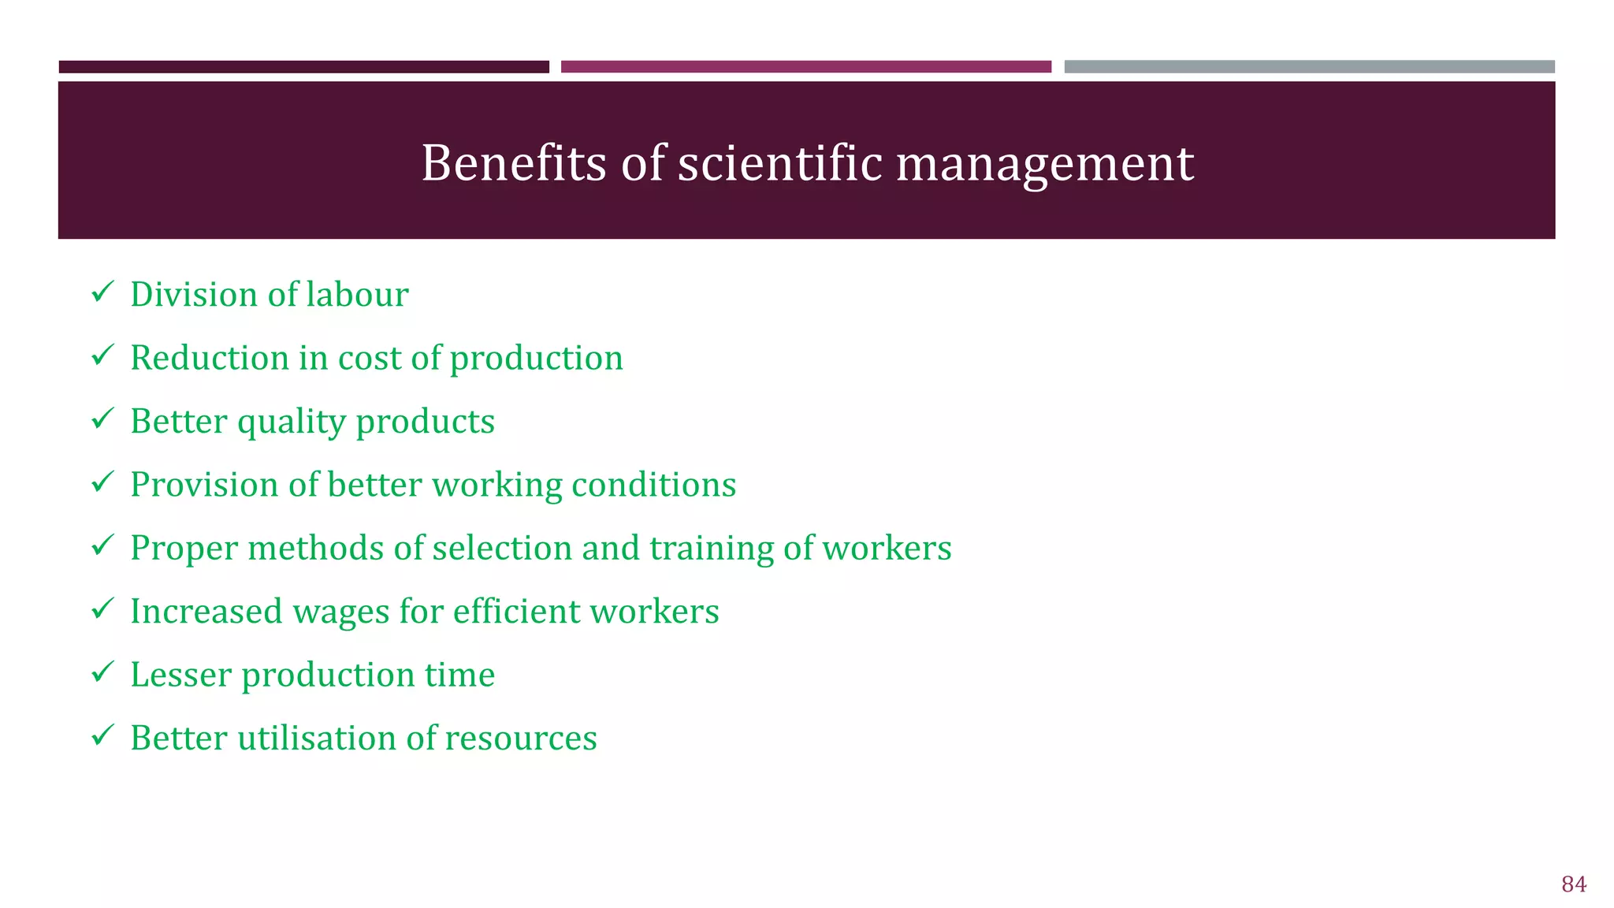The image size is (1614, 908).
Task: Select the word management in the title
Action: pyautogui.click(x=1045, y=165)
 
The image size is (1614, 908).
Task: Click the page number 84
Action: pyautogui.click(x=1573, y=884)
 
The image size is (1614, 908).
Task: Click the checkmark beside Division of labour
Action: pyautogui.click(x=102, y=292)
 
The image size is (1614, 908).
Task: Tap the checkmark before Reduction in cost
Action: pyautogui.click(x=102, y=355)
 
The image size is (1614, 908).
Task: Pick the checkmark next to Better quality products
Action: pyautogui.click(x=102, y=419)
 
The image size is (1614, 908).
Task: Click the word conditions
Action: pyautogui.click(x=653, y=485)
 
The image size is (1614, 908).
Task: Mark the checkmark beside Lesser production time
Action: pyautogui.click(x=102, y=672)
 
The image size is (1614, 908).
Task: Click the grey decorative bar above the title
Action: pyautogui.click(x=1309, y=67)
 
